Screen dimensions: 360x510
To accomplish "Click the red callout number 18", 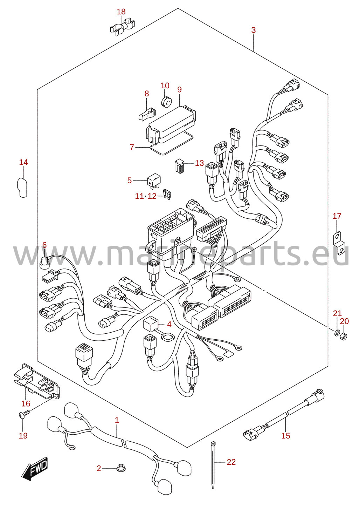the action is click(121, 12).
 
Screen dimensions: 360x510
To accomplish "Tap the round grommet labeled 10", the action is click(166, 102).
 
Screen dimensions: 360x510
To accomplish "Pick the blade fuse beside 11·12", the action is click(167, 195).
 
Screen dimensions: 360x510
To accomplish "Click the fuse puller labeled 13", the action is click(180, 166).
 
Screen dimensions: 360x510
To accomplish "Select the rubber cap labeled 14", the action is click(22, 188).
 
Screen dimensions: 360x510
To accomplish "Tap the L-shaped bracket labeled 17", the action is click(339, 243).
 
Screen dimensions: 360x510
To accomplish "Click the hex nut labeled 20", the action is click(344, 336).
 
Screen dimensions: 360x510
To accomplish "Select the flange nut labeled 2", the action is click(121, 468).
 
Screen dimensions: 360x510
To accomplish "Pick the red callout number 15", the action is click(286, 436).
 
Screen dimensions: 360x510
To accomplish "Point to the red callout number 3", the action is click(254, 30).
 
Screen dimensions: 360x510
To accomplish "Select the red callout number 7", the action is click(132, 147).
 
